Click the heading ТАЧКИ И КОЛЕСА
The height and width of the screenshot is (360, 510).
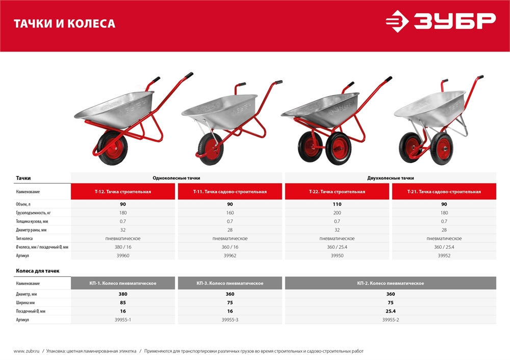coord(64,23)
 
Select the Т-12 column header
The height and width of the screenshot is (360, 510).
coord(123,192)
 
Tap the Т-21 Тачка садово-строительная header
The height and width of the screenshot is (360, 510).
coord(444,192)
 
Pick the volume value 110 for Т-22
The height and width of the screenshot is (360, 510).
coord(337,204)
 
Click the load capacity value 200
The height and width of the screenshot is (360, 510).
coord(337,213)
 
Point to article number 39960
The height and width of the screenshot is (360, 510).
coord(123,255)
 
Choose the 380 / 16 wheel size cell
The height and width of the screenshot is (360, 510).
coord(123,247)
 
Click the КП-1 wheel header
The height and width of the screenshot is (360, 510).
coord(123,283)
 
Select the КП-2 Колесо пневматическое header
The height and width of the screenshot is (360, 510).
coord(390,283)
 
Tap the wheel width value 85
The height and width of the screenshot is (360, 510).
coord(123,302)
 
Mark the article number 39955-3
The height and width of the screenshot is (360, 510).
coord(230,320)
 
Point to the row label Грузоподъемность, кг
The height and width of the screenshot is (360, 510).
coord(33,213)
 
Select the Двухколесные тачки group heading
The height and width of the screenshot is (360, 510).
coord(390,178)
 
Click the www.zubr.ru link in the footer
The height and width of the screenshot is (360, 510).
coord(27,351)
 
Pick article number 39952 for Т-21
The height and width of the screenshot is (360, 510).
coord(444,255)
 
